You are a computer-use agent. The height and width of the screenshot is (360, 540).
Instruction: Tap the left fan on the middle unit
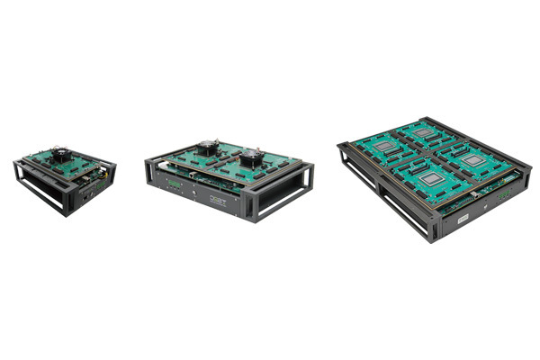(x=209, y=148)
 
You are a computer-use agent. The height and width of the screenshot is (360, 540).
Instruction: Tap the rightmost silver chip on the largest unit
(x=473, y=158)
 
